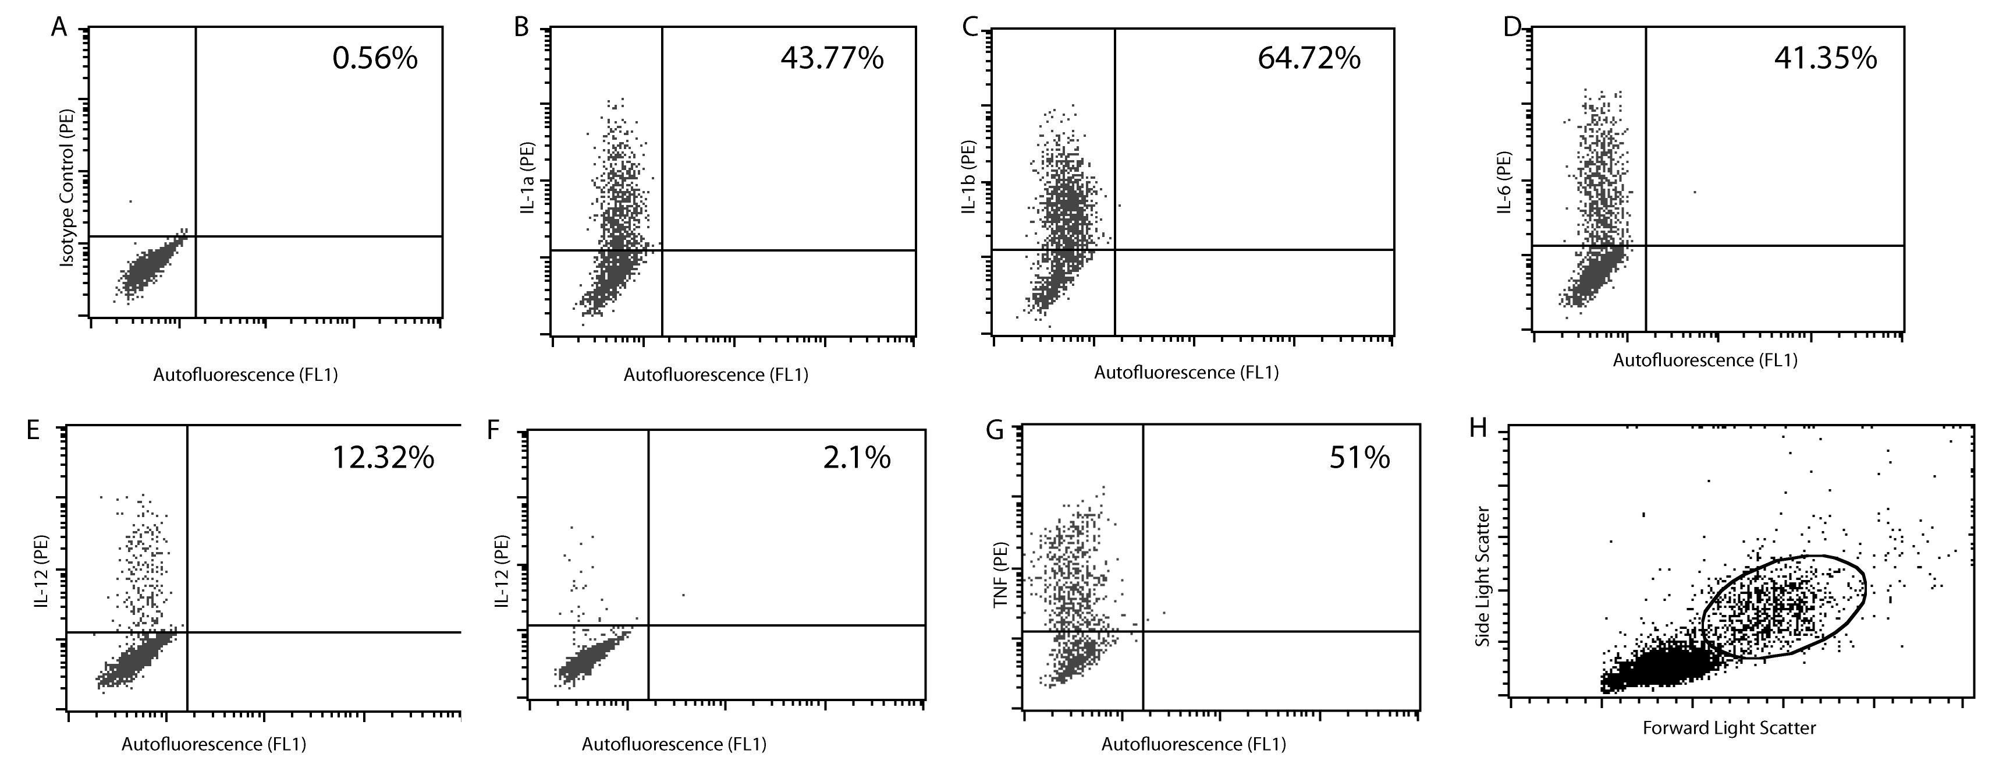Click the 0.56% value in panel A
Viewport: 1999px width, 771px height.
[375, 58]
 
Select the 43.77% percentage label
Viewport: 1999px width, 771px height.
[832, 58]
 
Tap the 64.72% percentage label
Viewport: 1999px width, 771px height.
[1309, 58]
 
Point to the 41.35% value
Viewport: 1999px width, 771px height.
[1825, 58]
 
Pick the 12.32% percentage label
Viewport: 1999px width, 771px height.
[384, 458]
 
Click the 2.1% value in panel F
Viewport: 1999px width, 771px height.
[857, 458]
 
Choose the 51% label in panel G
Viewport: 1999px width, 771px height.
[1359, 458]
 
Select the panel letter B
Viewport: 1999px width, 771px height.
[521, 28]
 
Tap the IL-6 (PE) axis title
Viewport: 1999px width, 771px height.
[1505, 182]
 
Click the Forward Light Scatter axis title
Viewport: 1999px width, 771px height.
[1729, 727]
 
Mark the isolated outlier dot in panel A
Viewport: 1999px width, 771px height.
[130, 201]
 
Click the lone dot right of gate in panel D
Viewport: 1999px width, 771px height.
[1694, 192]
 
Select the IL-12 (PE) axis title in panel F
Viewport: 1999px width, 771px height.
[502, 571]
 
